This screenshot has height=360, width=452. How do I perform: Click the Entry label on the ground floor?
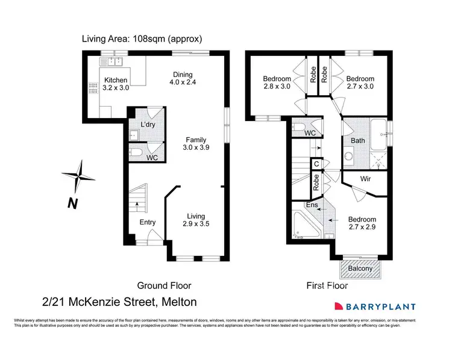(148, 222)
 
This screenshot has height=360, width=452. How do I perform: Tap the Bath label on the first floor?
(358, 141)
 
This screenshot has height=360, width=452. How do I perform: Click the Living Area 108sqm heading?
(142, 39)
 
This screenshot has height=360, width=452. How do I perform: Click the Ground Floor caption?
(165, 285)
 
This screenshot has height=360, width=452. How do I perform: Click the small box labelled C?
(316, 163)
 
